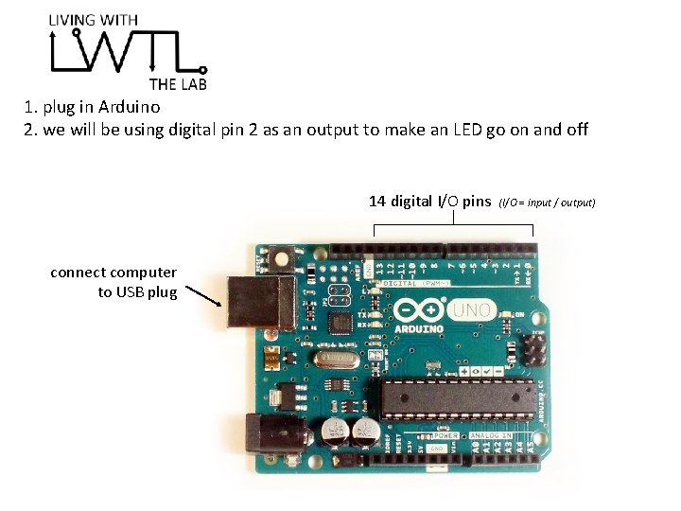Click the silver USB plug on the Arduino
[254, 302]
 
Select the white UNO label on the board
[471, 309]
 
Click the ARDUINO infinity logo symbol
[417, 310]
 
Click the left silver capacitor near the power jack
[336, 433]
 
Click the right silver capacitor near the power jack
[364, 432]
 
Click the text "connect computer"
[113, 273]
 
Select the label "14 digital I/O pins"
[429, 201]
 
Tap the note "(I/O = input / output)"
[548, 203]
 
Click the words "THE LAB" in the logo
[178, 83]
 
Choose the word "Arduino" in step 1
[129, 107]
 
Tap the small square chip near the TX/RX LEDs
[340, 323]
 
